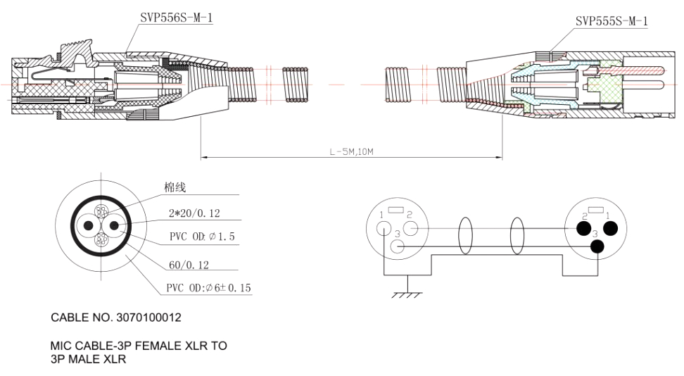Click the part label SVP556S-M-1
click(x=176, y=19)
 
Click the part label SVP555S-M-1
click(x=611, y=22)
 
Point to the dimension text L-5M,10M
click(x=351, y=151)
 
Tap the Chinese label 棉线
click(x=175, y=187)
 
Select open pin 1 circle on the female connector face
click(x=384, y=228)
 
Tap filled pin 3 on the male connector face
click(x=598, y=246)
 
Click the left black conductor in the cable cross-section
click(x=89, y=226)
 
